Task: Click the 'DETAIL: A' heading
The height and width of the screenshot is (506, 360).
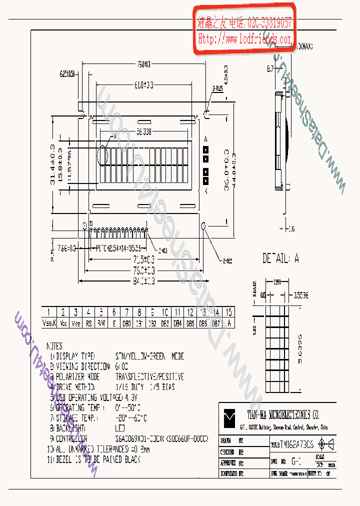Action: pos(280,258)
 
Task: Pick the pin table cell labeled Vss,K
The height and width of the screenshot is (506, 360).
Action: pos(48,323)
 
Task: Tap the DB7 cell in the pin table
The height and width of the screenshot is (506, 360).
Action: pos(215,323)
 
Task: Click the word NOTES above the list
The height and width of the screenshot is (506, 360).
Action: pos(54,345)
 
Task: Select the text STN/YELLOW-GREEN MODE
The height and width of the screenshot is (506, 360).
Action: pos(149,356)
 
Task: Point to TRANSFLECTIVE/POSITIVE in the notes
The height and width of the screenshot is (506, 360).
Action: pos(149,376)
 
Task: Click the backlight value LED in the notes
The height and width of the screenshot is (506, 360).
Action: pos(120,428)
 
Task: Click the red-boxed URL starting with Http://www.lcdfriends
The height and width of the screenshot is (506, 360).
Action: pos(244,39)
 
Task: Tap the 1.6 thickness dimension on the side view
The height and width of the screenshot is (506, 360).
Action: pos(291,229)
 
